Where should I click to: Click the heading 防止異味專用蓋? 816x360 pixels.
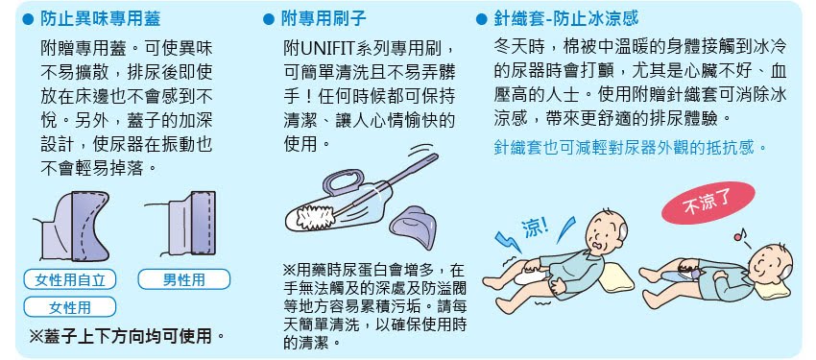coord(100,19)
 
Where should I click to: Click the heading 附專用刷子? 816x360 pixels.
coord(324,19)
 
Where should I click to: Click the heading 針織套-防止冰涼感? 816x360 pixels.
coord(565,19)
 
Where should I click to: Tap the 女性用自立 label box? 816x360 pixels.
coord(70,280)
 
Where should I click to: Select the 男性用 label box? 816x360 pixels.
coord(183,280)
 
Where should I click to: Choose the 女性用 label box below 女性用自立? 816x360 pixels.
coord(70,307)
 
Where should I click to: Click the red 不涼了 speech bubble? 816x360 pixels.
coord(708,204)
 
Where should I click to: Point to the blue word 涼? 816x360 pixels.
coord(535,227)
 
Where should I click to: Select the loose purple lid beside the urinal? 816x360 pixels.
coord(415,225)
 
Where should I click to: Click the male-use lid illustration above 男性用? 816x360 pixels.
coord(186,223)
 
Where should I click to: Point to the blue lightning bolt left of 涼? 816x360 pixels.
coord(507,240)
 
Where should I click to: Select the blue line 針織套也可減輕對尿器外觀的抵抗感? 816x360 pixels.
coord(630,147)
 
